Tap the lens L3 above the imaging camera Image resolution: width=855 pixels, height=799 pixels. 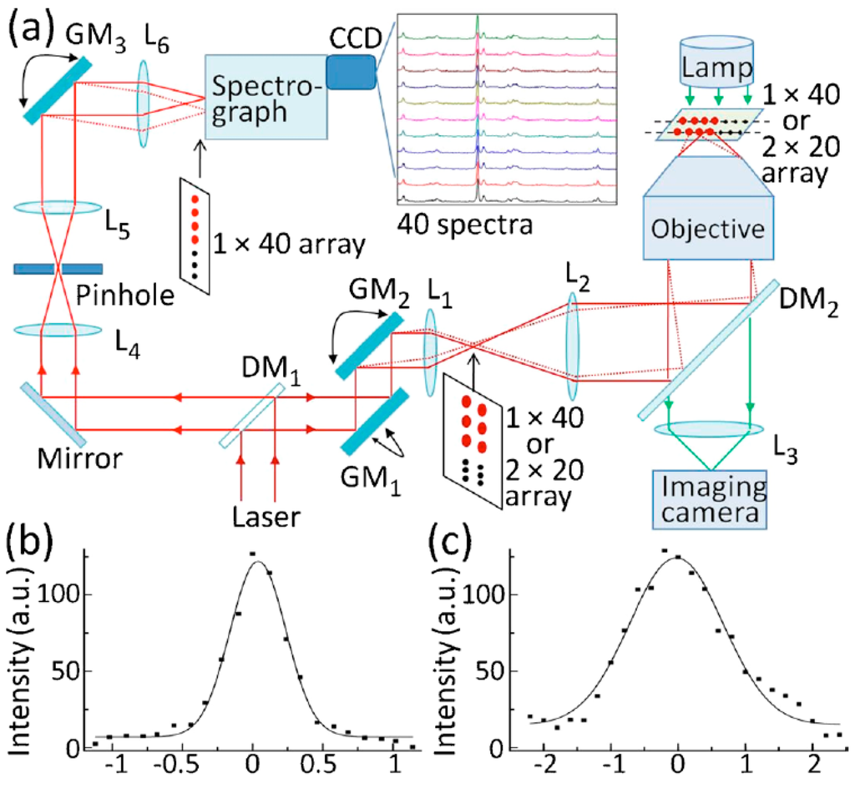pos(708,429)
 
